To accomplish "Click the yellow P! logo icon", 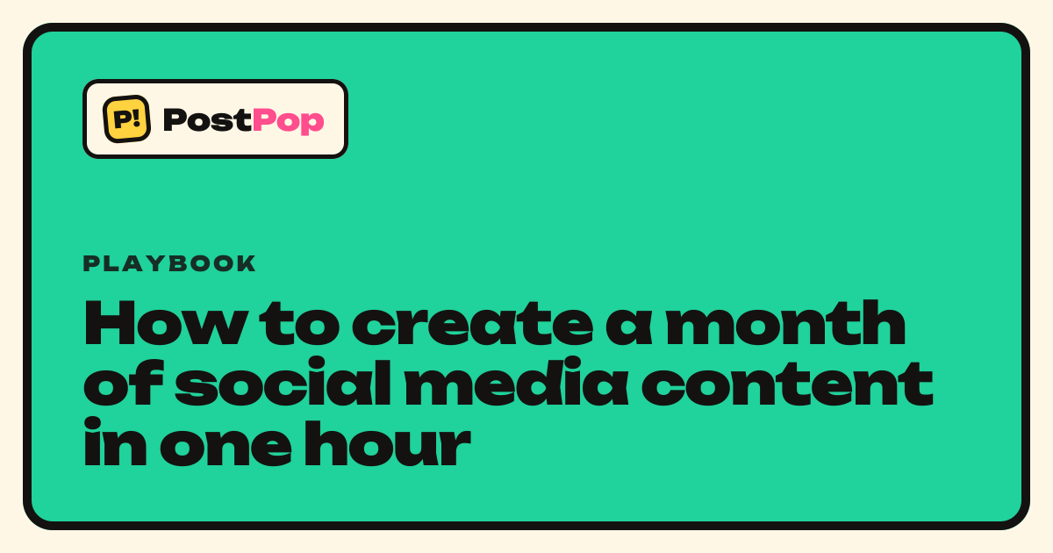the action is coord(126,119).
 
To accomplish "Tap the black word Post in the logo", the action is coord(207,119).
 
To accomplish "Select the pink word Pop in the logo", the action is coord(288,121).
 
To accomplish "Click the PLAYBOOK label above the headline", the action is coord(169,263).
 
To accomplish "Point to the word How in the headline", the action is coord(166,323).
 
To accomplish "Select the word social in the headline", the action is coord(283,381).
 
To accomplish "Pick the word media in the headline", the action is coord(516,381).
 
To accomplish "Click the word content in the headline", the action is coord(787,384).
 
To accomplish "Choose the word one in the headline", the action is coord(226,443).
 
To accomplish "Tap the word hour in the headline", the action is coord(388,442).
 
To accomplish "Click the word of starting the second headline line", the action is coord(123,381).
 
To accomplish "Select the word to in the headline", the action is coord(299,325).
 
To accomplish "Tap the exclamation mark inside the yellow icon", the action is coord(137,117).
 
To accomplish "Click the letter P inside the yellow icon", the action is coord(122,119).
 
